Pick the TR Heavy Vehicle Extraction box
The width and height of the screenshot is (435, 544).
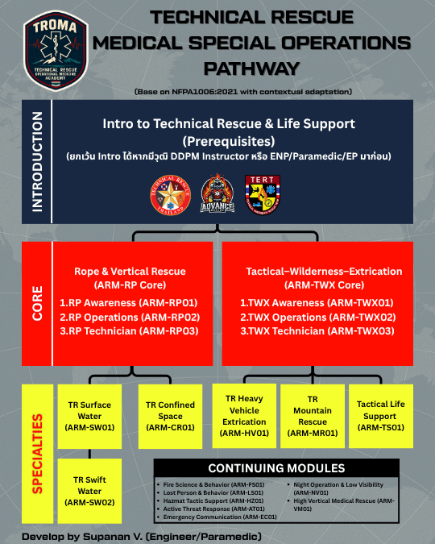click(x=243, y=415)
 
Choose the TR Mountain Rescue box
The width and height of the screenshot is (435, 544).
click(x=311, y=415)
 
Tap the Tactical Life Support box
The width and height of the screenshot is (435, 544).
click(x=380, y=415)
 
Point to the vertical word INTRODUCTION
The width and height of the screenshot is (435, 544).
click(x=37, y=161)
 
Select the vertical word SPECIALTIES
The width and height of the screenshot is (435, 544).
click(x=37, y=455)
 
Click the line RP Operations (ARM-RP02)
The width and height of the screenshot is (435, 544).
click(x=129, y=317)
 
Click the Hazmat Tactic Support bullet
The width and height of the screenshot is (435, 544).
click(x=205, y=501)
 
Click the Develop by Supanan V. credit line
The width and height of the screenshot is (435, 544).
click(x=142, y=536)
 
